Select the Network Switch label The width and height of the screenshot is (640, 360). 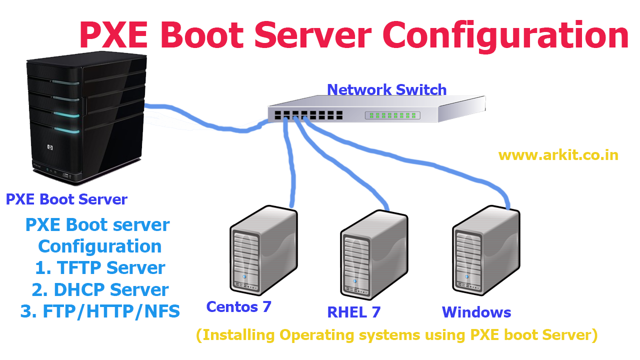(x=386, y=89)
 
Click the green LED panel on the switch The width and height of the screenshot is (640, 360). (x=392, y=115)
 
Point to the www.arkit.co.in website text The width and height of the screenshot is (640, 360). (x=558, y=155)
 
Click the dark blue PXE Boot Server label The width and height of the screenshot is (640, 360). (x=66, y=199)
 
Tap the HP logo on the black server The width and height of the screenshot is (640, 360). (x=50, y=147)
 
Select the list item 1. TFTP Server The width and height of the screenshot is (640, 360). (x=100, y=268)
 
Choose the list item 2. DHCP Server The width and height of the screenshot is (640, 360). (x=100, y=290)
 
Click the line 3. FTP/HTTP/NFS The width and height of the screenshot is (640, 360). (x=100, y=311)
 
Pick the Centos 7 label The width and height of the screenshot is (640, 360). (x=238, y=306)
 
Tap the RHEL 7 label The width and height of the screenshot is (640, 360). (x=353, y=312)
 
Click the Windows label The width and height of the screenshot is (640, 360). (x=476, y=312)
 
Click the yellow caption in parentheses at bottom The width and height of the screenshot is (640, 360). (x=396, y=334)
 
